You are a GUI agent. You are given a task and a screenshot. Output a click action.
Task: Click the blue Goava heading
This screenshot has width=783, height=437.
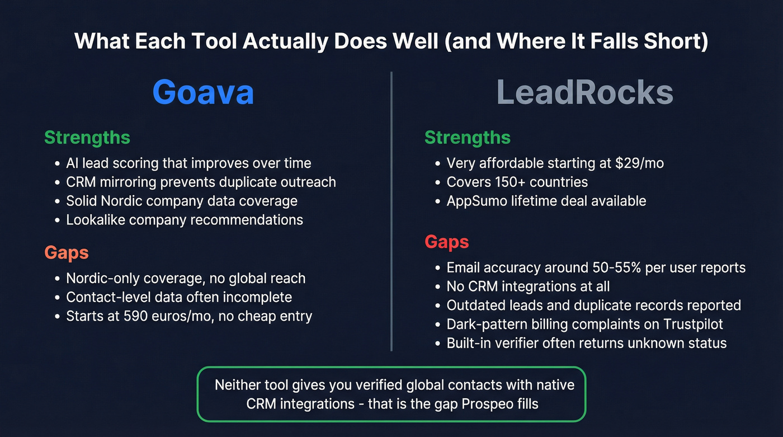tap(203, 92)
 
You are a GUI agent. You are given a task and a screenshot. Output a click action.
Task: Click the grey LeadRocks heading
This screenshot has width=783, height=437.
tap(585, 92)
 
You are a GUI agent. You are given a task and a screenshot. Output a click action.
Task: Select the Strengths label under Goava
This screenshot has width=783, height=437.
tap(87, 138)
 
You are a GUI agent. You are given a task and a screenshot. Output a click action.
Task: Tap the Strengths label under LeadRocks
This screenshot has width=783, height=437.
tap(467, 138)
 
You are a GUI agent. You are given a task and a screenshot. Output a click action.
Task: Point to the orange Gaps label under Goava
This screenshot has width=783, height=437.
tap(67, 252)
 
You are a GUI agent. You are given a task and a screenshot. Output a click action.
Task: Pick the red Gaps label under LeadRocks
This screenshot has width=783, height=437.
tap(446, 242)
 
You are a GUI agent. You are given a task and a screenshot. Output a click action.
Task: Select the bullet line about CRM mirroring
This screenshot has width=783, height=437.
tap(201, 182)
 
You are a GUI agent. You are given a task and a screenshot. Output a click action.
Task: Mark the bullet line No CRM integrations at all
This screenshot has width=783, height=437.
tap(528, 286)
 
